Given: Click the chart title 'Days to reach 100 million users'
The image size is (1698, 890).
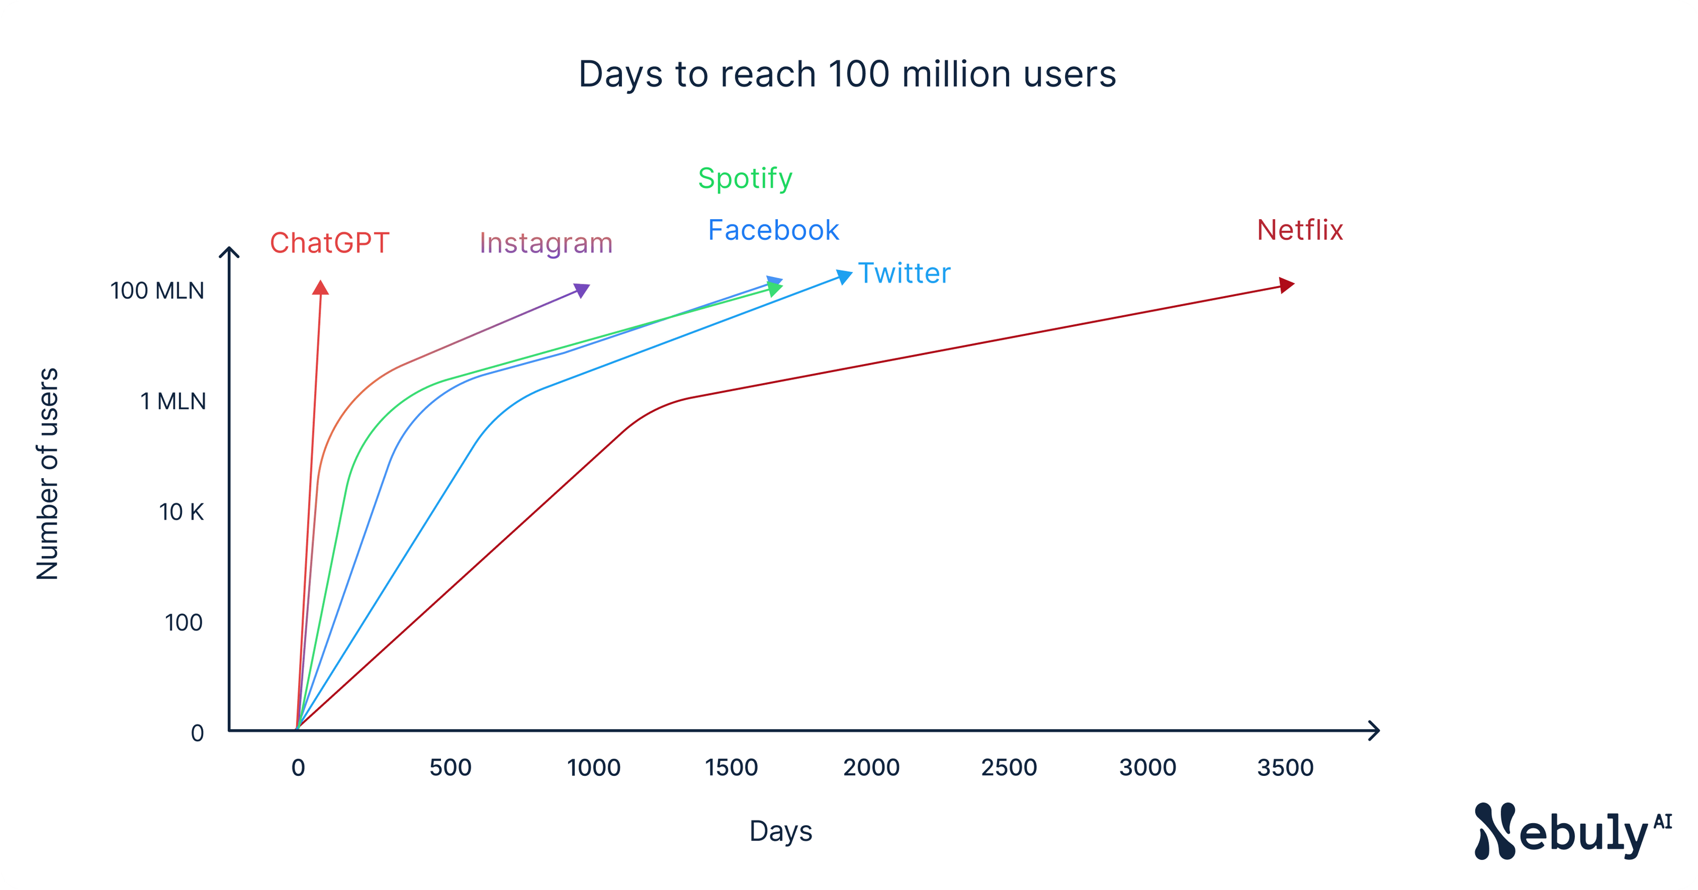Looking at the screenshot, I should tap(847, 74).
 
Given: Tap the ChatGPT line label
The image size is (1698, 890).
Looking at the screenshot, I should tap(330, 243).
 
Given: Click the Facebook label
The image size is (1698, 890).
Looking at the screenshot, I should tap(773, 231).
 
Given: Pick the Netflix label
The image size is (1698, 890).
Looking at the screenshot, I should tap(1299, 231).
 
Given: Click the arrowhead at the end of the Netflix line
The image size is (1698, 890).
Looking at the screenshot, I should tap(1286, 286).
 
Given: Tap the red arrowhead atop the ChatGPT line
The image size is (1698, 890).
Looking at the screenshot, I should tap(320, 288).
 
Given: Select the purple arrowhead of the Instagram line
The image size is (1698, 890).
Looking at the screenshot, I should tap(582, 290).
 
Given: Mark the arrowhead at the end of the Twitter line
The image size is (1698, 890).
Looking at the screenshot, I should tap(844, 276).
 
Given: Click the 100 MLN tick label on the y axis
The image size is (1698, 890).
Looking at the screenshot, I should tap(157, 291).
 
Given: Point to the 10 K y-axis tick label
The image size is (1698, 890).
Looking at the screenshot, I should tap(181, 512).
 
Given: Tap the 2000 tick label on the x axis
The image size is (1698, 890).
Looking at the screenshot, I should tap(871, 767).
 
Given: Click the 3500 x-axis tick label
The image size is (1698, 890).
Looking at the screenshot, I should tap(1285, 767).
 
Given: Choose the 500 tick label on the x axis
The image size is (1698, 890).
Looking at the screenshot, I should tap(450, 767).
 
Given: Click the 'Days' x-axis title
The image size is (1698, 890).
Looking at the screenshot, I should tap(781, 831).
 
